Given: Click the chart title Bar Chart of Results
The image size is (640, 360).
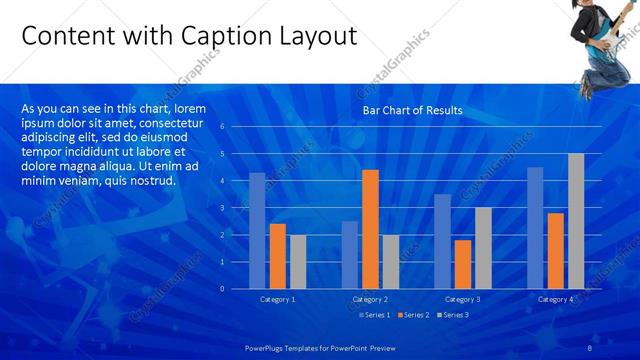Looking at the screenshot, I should coord(412,111).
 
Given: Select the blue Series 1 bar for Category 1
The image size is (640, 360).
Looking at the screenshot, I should coord(257,230).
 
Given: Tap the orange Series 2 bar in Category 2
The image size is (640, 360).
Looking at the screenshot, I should coord(370,229).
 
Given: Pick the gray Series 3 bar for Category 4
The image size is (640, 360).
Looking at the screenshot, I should coord(576,221).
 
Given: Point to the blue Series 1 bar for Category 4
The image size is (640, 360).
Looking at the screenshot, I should coord(535,227).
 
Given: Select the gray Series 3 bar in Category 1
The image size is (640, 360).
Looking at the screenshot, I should coord(298,261).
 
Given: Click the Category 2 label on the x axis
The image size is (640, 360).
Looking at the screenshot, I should coord(370,299).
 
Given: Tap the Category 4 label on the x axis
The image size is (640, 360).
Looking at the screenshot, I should coord(555,299).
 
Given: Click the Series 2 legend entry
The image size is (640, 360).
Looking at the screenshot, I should coord(414,315).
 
